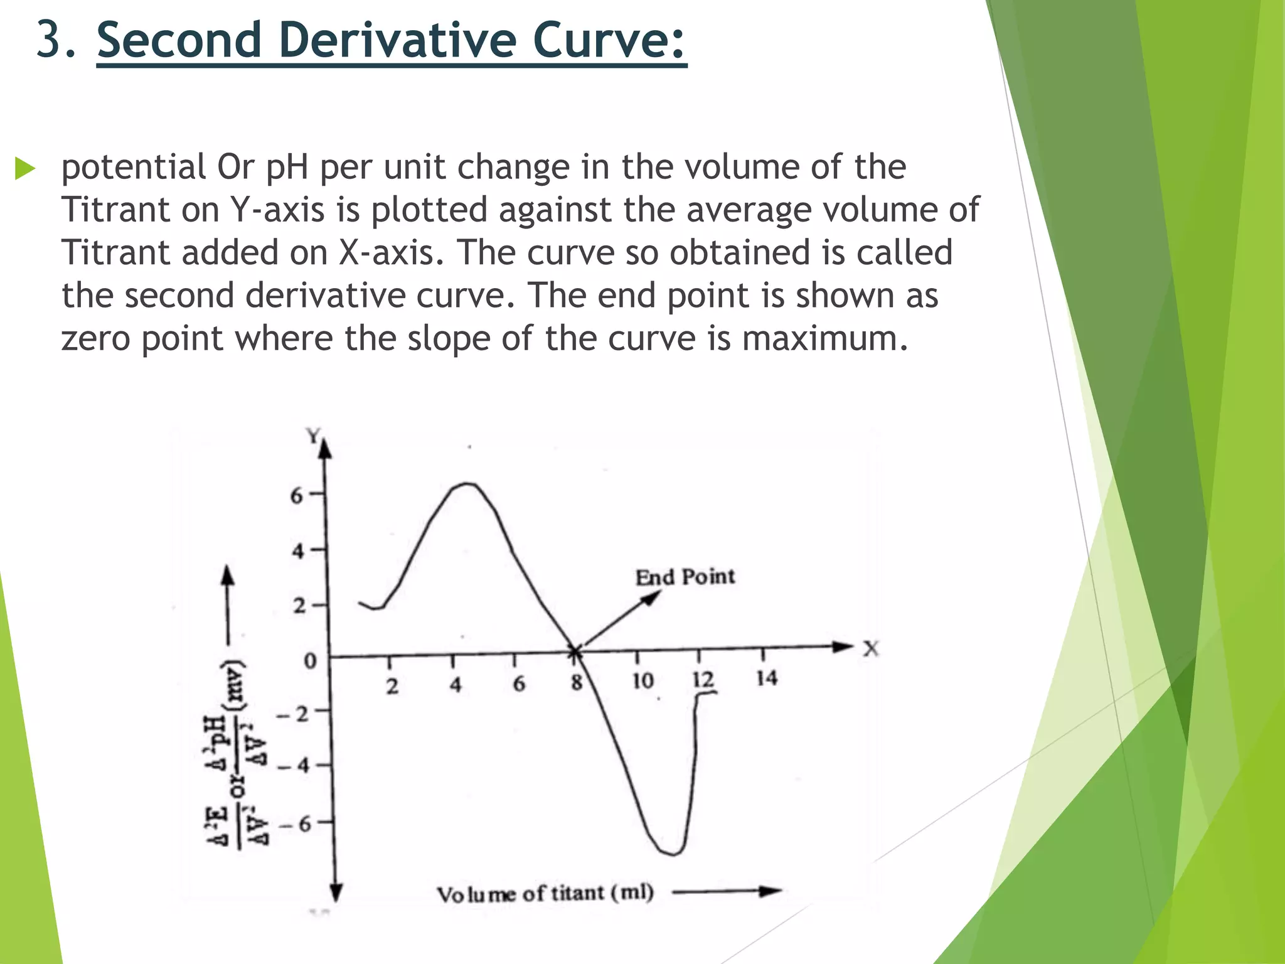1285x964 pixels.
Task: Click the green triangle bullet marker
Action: point(25,168)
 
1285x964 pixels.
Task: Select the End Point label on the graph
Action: point(685,577)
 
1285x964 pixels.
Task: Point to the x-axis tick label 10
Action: point(642,681)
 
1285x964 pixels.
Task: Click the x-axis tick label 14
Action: point(767,678)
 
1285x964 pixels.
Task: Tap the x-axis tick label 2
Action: point(392,686)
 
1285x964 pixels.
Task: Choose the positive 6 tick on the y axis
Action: point(297,496)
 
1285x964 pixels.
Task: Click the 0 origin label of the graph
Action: point(310,661)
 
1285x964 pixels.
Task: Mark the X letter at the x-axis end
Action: point(871,648)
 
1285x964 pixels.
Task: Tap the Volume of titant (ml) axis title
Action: point(545,893)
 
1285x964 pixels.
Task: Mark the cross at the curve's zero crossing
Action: point(575,653)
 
